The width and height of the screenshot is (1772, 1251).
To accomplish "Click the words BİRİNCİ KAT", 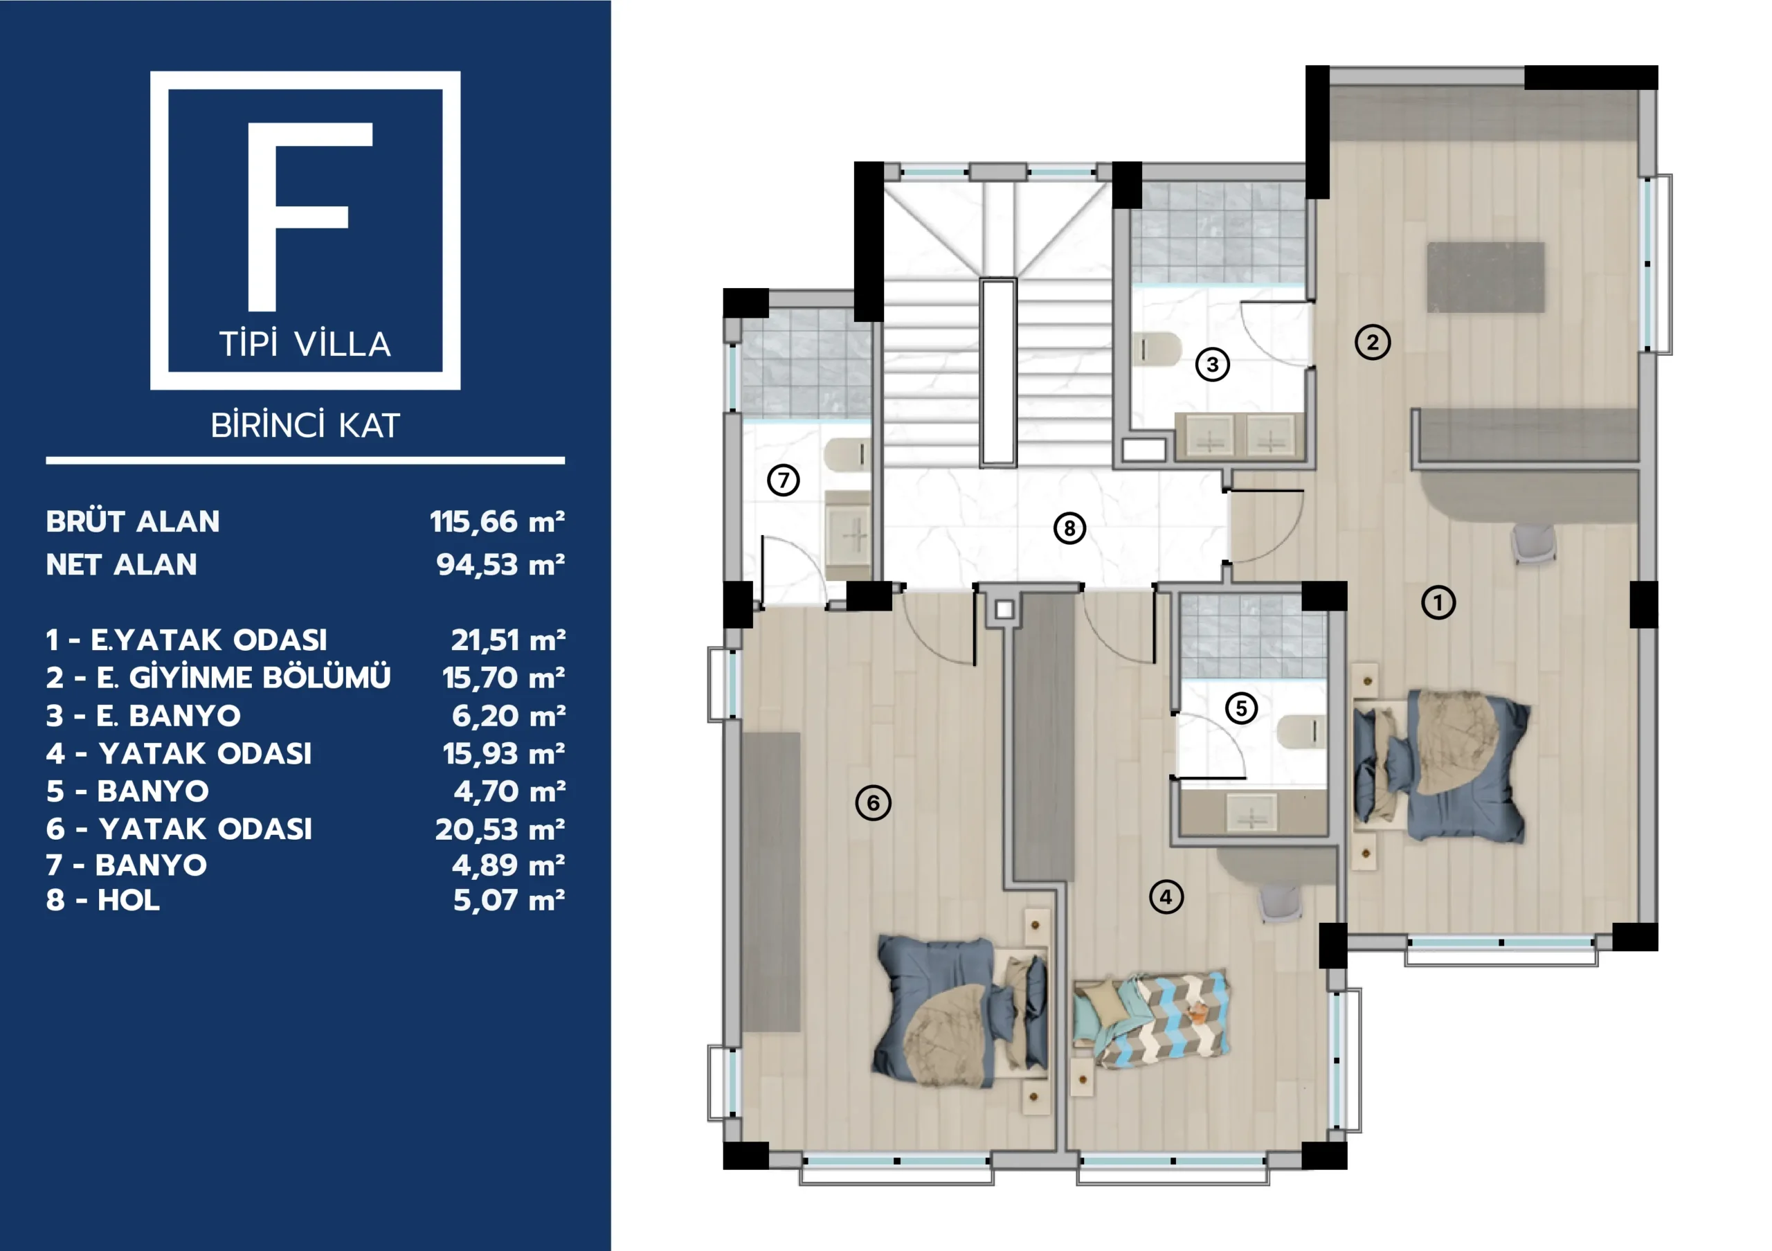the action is [306, 425].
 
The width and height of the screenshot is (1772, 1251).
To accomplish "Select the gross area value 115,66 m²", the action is [498, 522].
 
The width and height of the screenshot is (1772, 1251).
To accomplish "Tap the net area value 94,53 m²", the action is [501, 565].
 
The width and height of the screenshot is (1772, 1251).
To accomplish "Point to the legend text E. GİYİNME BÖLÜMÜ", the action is [244, 678].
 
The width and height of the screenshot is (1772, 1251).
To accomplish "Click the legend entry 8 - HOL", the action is [102, 901].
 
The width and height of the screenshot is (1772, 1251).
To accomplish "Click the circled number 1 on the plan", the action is [1438, 603].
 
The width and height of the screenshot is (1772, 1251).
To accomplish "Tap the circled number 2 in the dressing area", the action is [1372, 342].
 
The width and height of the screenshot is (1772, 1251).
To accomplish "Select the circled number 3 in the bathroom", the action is [1213, 364].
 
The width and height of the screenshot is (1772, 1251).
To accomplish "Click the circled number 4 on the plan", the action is [1166, 897].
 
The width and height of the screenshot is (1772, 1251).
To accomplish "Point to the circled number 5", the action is [1241, 708].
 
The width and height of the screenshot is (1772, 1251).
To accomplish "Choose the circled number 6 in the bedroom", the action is [873, 802].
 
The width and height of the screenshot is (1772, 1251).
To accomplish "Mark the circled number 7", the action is [784, 480].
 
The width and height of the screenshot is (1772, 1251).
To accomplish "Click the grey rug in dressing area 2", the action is [1485, 277].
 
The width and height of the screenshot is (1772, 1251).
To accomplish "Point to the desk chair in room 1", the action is [1533, 542].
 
